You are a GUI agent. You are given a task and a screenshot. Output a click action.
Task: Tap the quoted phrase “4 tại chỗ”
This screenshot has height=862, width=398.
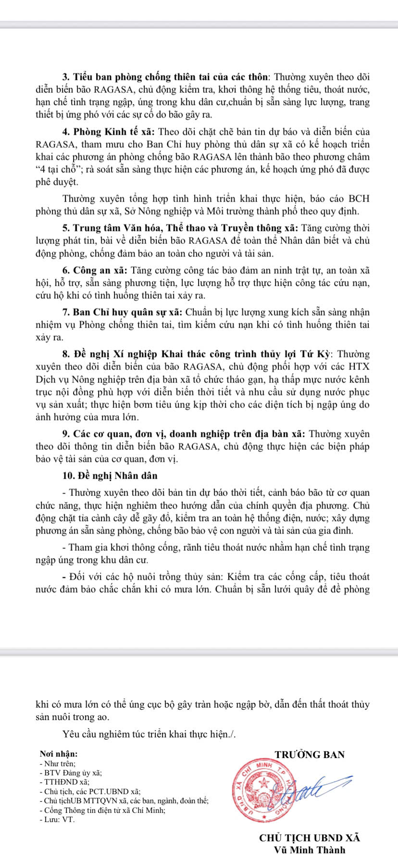point(58,170)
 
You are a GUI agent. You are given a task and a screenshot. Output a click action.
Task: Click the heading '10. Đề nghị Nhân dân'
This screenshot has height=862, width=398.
point(110,476)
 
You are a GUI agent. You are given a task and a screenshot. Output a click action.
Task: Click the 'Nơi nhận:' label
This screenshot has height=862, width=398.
point(58,754)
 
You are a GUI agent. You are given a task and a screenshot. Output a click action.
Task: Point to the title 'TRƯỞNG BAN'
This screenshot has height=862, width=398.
point(310,754)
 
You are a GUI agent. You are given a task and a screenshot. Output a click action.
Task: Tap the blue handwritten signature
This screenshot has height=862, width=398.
point(312,787)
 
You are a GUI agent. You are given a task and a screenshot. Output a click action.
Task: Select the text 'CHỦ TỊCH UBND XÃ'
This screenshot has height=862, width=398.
point(309,837)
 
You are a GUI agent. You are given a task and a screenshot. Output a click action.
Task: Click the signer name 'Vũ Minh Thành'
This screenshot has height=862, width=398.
point(310,849)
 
